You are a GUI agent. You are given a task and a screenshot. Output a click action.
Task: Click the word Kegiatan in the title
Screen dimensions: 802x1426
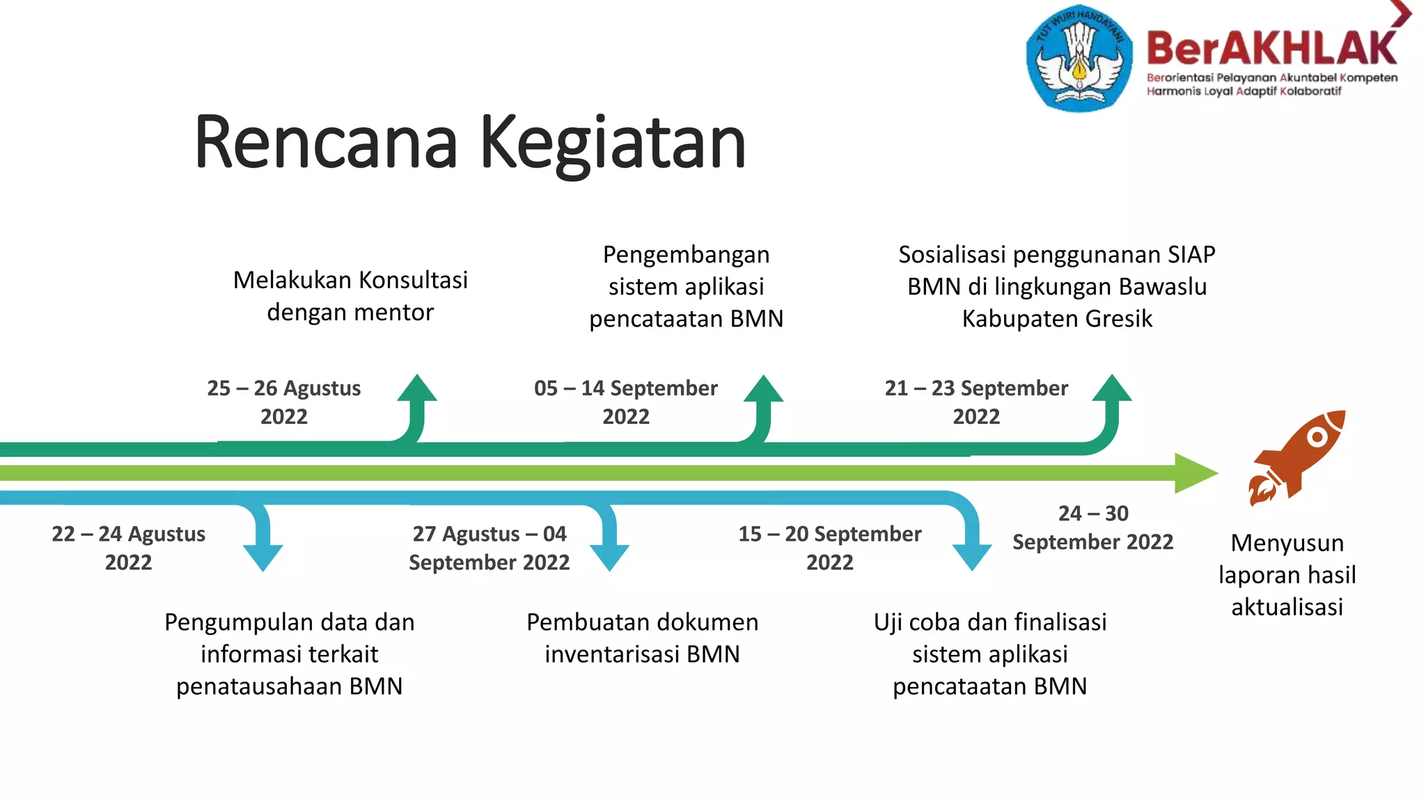pos(613,143)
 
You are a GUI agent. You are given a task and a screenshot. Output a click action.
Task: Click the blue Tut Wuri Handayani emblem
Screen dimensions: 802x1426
pos(1079,59)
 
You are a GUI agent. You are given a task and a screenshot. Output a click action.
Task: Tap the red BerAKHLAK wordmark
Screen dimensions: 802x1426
pos(1271,48)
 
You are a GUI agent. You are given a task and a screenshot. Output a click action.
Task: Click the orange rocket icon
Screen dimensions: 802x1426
pos(1296,456)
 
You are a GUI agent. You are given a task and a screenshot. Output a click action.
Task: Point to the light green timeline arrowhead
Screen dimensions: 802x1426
pos(1195,473)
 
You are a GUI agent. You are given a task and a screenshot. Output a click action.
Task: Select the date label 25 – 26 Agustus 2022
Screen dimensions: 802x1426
pos(283,402)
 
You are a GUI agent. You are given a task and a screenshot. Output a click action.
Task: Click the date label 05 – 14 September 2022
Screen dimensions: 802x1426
pos(625,402)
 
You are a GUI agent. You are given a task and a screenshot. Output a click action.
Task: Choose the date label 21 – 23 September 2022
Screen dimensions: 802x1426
pos(976,402)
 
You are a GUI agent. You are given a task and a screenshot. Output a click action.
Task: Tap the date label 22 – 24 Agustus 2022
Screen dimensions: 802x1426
pos(128,548)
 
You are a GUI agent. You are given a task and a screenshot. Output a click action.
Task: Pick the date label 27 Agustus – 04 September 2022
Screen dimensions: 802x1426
pos(489,548)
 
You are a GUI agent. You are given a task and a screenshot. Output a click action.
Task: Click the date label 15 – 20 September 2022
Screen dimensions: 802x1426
pos(829,548)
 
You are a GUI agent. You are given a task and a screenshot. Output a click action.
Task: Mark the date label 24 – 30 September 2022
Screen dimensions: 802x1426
pos(1092,528)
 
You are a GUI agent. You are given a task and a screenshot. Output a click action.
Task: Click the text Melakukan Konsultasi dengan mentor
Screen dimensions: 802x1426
pos(350,296)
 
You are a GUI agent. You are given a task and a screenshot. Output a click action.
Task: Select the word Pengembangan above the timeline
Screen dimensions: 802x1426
pos(686,255)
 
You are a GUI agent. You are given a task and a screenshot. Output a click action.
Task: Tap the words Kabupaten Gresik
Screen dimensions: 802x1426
pos(1056,319)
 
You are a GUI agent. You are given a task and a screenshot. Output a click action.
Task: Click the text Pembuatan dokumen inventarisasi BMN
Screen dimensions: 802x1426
pos(642,638)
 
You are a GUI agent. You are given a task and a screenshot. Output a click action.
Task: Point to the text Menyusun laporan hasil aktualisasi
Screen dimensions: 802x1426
pos(1287,574)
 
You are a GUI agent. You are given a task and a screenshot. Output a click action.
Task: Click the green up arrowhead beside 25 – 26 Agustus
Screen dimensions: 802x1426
pos(417,389)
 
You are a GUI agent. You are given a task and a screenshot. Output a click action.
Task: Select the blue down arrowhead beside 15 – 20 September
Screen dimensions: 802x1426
pos(971,557)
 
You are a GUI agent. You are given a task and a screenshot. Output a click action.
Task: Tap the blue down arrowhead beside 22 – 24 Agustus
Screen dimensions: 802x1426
pos(263,557)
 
